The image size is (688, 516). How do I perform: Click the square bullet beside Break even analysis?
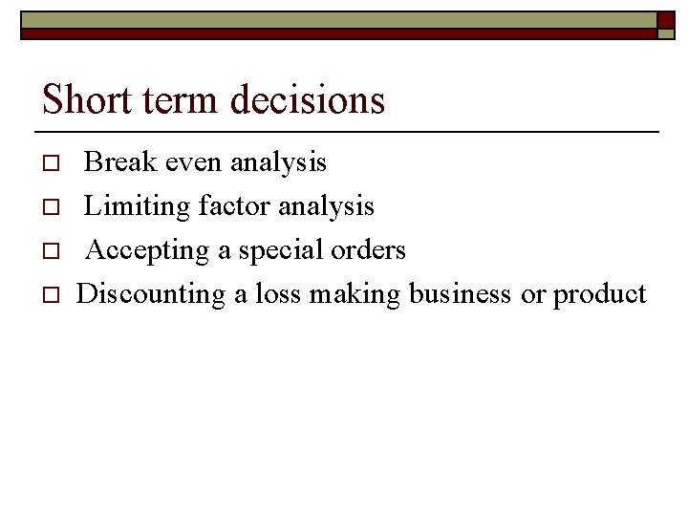(x=54, y=163)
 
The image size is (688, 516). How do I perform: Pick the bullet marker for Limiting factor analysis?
(x=54, y=207)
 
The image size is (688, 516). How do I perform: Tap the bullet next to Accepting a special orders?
(x=54, y=251)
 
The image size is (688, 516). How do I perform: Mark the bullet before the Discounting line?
(x=54, y=295)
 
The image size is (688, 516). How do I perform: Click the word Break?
(x=120, y=162)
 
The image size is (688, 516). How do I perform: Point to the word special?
(x=278, y=250)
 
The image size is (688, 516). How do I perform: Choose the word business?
(x=460, y=294)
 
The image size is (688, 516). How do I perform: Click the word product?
(x=599, y=294)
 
